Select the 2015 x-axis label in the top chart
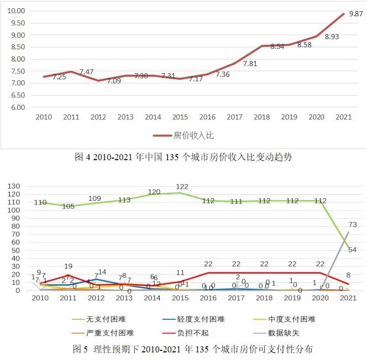coord(180,117)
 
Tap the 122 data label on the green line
coord(182,187)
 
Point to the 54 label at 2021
coord(351,249)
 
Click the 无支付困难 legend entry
coord(105,319)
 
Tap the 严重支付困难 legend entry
coord(105,333)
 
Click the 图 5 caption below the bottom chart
coord(193,349)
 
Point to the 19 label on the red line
coord(69,266)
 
